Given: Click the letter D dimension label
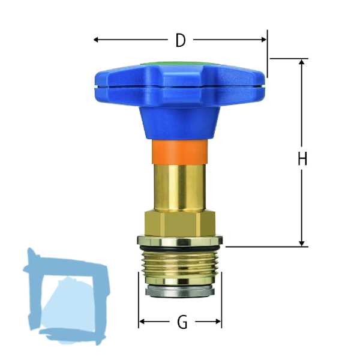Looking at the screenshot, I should tap(180, 40).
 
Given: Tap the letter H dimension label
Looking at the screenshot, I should tap(302, 159).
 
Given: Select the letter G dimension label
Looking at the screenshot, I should tap(182, 323).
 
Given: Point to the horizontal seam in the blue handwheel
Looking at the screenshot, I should tap(180, 88).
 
